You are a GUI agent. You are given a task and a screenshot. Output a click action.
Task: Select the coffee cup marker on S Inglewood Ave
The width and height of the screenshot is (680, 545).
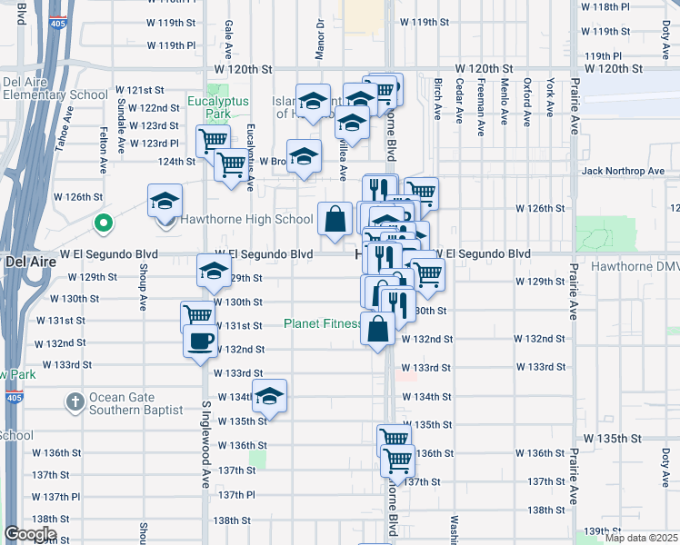[x=200, y=342]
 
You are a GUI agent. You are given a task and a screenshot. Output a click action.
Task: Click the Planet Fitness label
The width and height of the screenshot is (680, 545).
[x=322, y=323]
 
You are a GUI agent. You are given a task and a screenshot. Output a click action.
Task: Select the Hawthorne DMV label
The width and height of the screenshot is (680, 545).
[x=635, y=267]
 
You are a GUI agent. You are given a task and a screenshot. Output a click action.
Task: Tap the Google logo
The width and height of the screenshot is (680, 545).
[x=29, y=534]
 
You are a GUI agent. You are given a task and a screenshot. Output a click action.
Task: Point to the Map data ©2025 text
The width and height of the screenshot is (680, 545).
[x=642, y=538]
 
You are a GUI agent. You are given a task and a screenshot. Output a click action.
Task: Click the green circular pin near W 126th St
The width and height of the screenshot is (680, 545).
[x=105, y=221]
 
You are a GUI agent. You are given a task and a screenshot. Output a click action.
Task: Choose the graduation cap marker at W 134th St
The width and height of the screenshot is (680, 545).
[x=268, y=396]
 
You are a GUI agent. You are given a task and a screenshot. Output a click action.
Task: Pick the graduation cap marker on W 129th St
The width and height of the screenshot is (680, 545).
[x=214, y=271]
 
